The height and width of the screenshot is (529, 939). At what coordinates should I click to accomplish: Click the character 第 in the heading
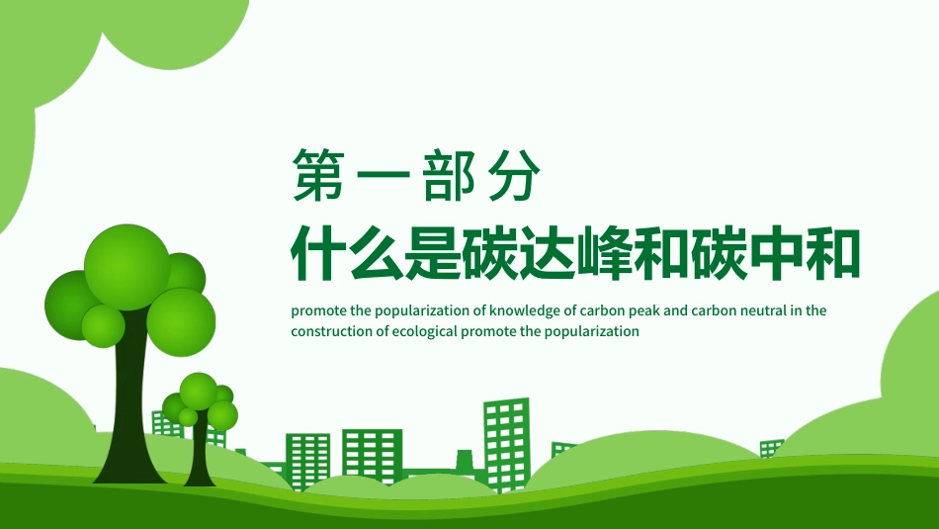tap(319, 177)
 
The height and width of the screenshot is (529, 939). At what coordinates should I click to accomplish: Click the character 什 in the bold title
tap(318, 255)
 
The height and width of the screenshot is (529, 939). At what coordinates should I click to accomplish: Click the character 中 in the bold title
tap(775, 255)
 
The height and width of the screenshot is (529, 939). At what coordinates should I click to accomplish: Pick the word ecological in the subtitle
tap(424, 332)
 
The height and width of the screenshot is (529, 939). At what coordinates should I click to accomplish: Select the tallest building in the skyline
tap(506, 435)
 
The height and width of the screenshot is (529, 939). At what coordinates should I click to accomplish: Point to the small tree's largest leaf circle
tap(199, 391)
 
